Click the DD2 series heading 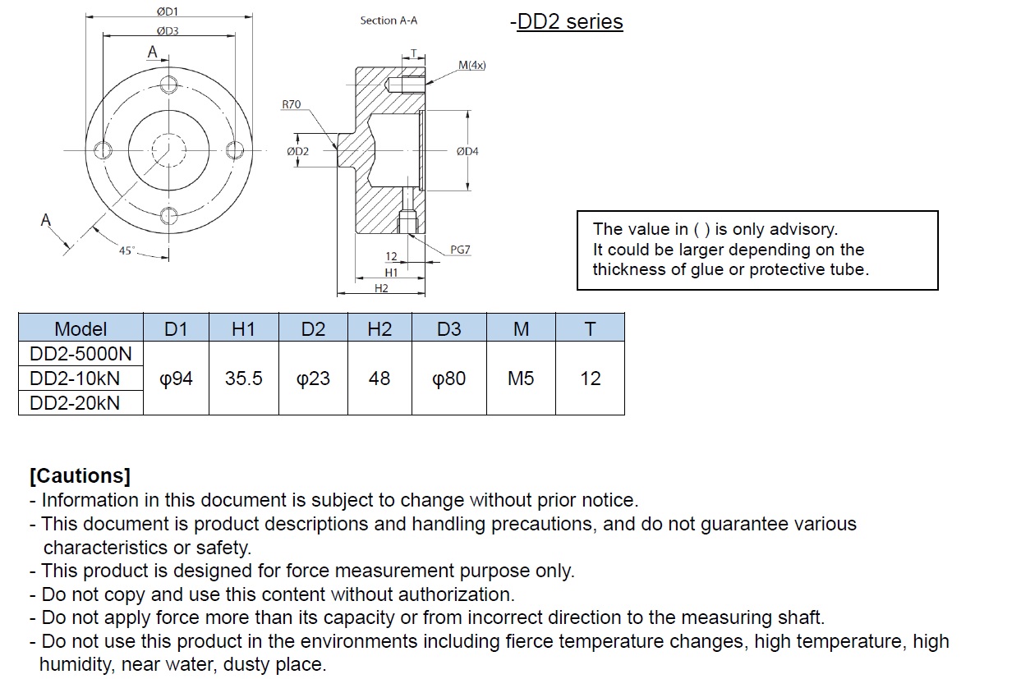click(x=569, y=21)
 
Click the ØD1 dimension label click(x=168, y=11)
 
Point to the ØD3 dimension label click(x=168, y=31)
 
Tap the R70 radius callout click(x=291, y=104)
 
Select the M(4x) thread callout click(x=472, y=65)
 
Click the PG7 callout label click(x=460, y=250)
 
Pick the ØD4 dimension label click(x=467, y=151)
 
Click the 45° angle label click(x=126, y=251)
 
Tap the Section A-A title click(x=389, y=21)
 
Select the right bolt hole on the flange click(x=235, y=149)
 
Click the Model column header click(x=80, y=329)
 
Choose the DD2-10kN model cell click(x=75, y=378)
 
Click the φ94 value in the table click(x=176, y=378)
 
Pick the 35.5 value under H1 click(x=244, y=378)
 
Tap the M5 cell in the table click(x=521, y=378)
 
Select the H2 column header click(x=379, y=329)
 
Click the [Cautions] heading click(x=80, y=475)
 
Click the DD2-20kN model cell click(x=75, y=403)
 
